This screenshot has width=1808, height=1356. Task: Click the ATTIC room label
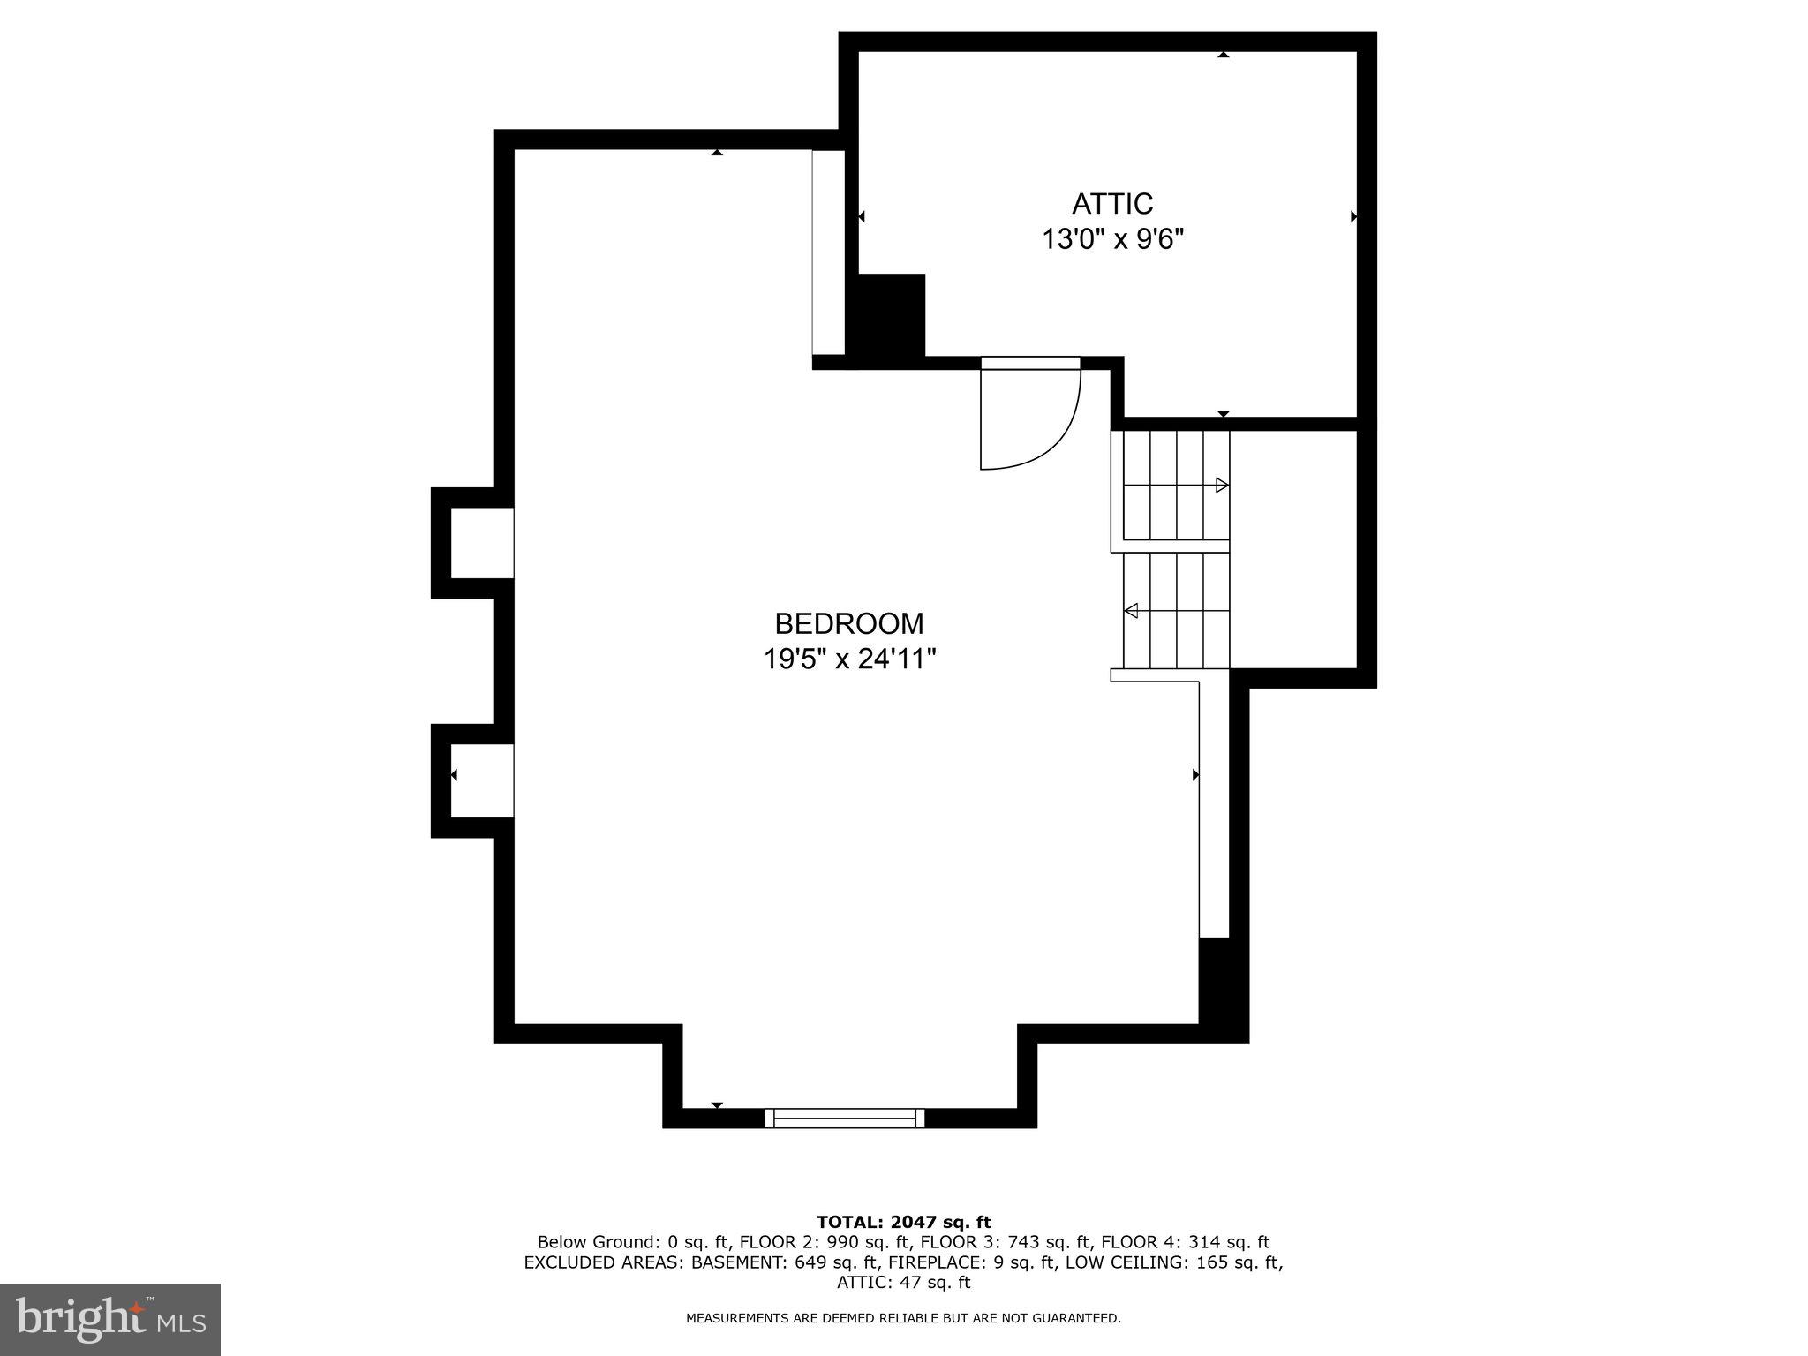(x=1112, y=204)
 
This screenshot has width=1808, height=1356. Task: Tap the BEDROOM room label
(x=849, y=624)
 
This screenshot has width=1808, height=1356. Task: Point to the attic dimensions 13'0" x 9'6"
(x=1112, y=239)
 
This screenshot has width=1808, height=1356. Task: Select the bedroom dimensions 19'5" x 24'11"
(x=849, y=659)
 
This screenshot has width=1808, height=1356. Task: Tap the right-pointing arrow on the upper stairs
(x=1222, y=485)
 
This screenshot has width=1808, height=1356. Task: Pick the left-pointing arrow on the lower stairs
(x=1131, y=610)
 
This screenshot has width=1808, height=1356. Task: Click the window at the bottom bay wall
(x=845, y=1118)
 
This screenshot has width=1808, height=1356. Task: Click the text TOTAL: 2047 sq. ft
(x=903, y=1223)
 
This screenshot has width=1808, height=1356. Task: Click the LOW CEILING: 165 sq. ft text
(x=1174, y=1263)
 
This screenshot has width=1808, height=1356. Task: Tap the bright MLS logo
(x=110, y=1319)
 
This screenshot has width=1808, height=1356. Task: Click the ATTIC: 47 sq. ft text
(x=903, y=1283)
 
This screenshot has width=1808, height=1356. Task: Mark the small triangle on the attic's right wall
(x=1353, y=216)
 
